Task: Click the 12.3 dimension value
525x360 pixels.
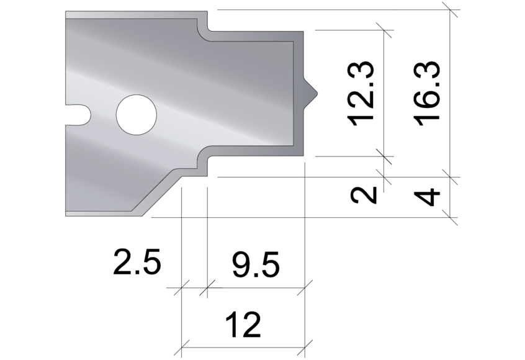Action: (x=362, y=93)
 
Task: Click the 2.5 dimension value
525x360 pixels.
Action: (x=137, y=263)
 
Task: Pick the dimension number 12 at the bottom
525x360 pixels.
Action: (x=243, y=325)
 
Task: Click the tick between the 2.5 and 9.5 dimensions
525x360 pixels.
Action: (x=207, y=287)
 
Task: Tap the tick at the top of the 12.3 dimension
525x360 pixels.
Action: (x=385, y=30)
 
